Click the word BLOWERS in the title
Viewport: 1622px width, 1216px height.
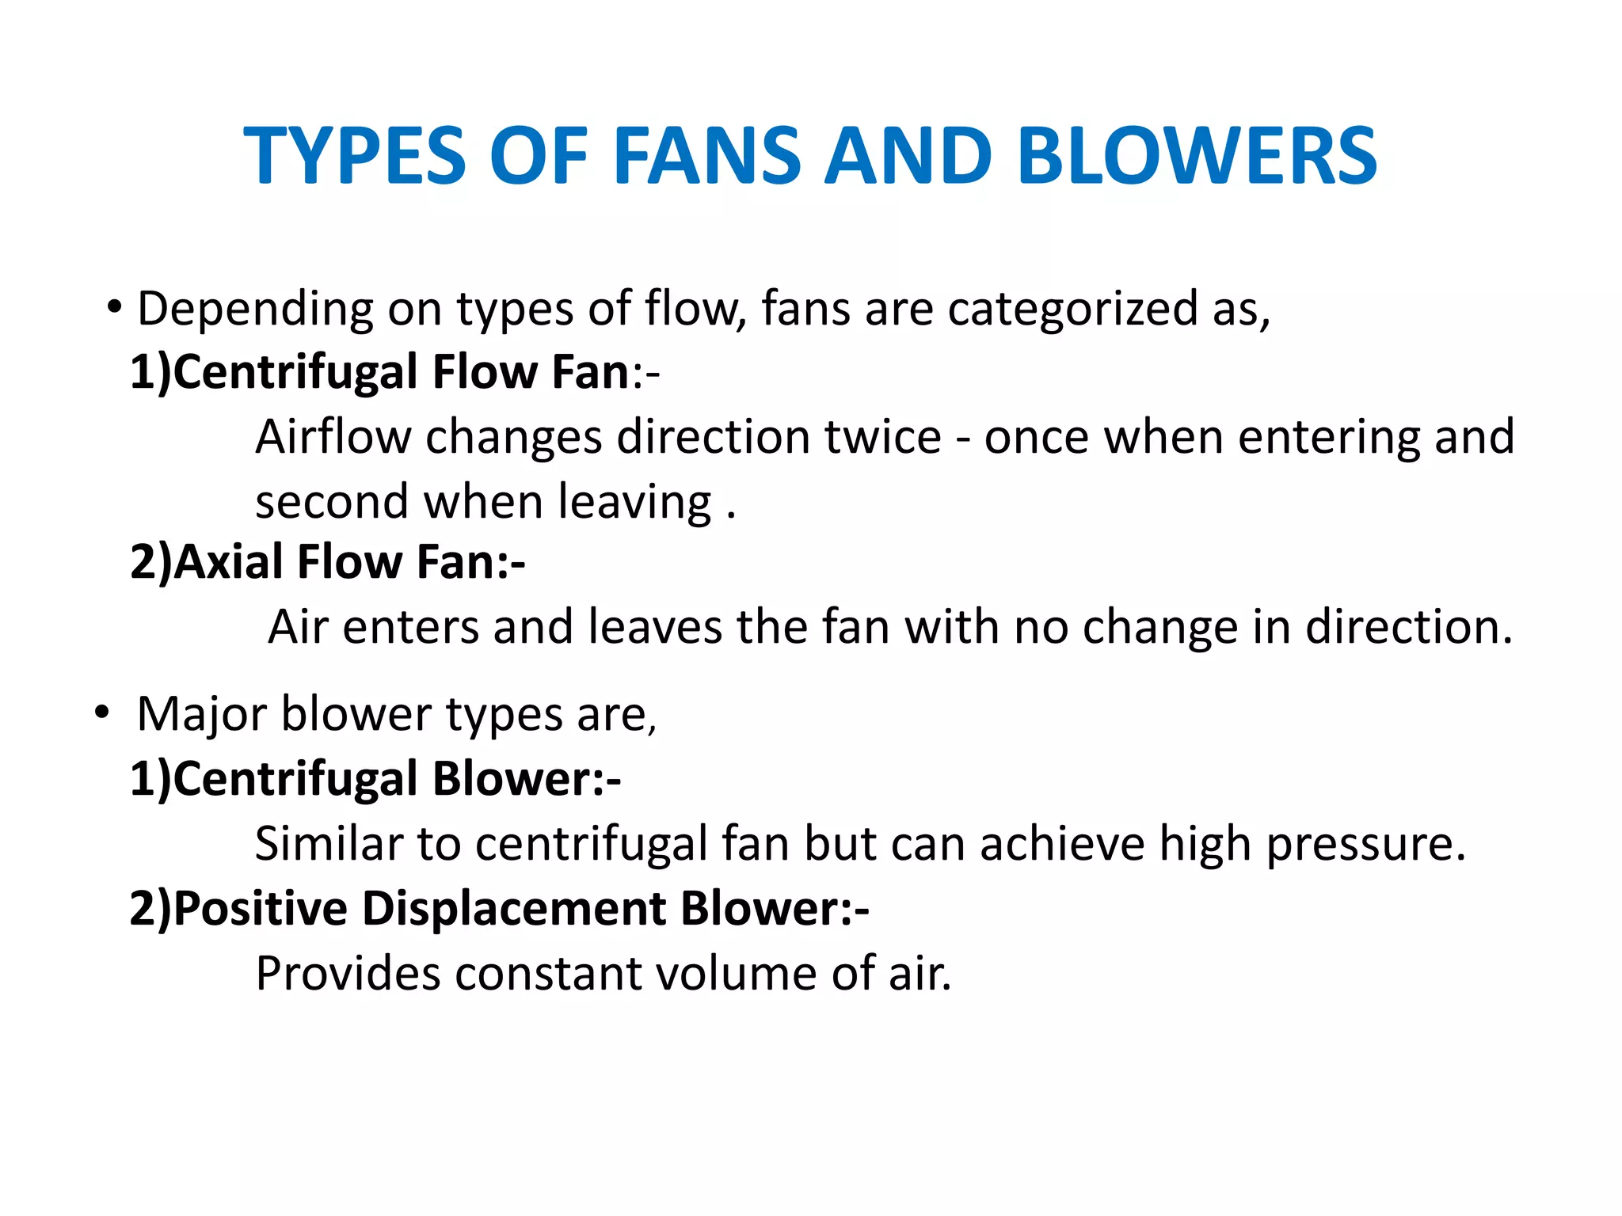coord(1197,157)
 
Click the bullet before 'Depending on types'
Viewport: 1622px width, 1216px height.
coord(115,306)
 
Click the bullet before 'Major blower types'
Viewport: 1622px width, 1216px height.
coord(101,712)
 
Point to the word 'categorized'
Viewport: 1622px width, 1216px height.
coord(1072,309)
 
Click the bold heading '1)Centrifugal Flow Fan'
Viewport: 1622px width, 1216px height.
coord(379,372)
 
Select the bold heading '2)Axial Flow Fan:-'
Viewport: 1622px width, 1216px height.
coord(327,562)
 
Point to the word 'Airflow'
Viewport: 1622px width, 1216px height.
coord(333,437)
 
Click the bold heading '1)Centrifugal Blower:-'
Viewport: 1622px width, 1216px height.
coord(375,779)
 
